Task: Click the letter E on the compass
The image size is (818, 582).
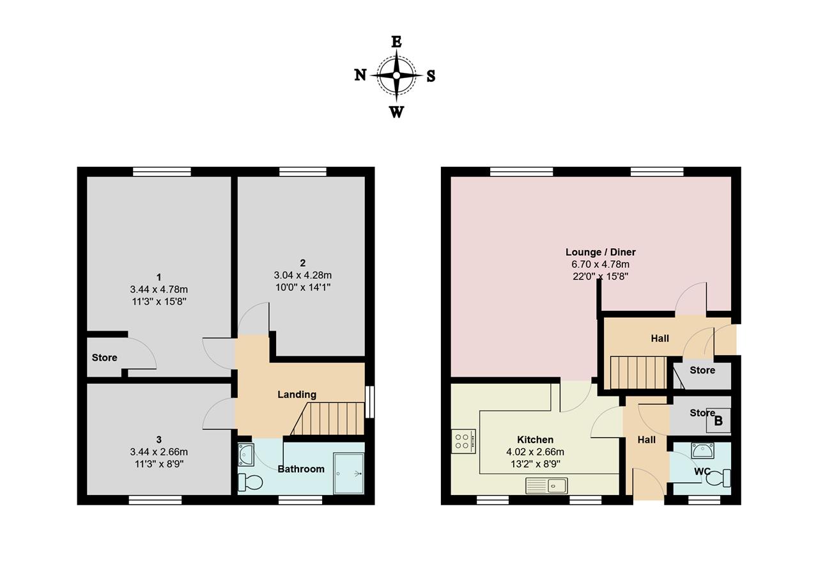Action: [x=397, y=42]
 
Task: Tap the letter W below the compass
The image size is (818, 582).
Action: [x=397, y=112]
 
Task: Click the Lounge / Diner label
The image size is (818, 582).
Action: [x=600, y=252]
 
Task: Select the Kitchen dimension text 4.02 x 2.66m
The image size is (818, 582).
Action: [x=535, y=452]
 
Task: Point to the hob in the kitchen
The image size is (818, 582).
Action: [x=463, y=441]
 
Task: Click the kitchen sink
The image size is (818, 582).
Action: [x=546, y=486]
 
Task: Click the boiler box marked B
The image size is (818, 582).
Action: [x=718, y=420]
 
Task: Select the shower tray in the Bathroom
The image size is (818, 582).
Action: [x=348, y=474]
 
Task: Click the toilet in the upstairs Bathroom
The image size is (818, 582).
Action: [x=250, y=483]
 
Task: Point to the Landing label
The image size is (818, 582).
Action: [x=297, y=395]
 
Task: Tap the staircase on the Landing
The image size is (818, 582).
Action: [x=328, y=418]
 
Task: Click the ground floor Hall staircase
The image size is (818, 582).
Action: [x=638, y=372]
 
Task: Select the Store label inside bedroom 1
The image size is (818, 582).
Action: [x=104, y=358]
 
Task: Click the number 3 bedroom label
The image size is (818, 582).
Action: [x=159, y=439]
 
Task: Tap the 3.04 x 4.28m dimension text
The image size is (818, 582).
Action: [x=303, y=275]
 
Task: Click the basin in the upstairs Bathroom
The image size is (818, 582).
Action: [x=246, y=455]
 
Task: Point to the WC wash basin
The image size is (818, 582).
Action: [x=702, y=450]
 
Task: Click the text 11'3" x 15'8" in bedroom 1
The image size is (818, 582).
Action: [x=159, y=302]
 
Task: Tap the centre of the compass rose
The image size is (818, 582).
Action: [x=397, y=75]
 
